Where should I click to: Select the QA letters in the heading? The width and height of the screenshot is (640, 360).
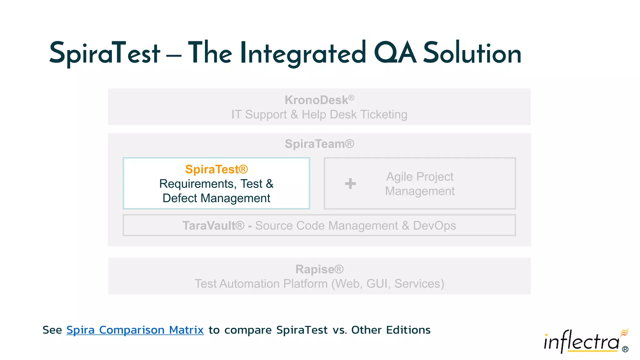(x=395, y=53)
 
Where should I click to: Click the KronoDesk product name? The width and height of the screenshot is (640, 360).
(x=316, y=100)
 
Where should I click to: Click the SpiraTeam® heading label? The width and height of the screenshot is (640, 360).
(x=319, y=144)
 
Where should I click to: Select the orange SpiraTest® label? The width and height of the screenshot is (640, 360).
(x=216, y=169)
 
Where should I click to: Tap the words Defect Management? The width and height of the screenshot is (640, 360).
(x=216, y=198)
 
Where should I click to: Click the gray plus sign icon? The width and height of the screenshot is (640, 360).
(x=350, y=183)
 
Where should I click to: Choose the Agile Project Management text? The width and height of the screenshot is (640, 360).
(x=420, y=184)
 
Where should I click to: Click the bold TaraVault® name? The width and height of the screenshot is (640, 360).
(x=213, y=225)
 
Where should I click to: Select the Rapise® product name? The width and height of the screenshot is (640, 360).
(x=319, y=269)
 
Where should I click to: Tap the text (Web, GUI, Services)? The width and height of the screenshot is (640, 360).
(x=387, y=284)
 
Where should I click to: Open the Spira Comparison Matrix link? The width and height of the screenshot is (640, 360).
(x=135, y=330)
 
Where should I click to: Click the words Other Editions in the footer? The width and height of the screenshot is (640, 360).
(x=391, y=330)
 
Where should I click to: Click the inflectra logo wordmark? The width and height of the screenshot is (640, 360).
(x=581, y=342)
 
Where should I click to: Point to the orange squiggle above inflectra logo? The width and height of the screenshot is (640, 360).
(x=624, y=332)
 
